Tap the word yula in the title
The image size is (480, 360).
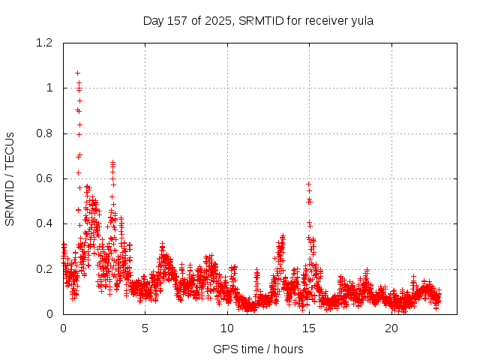coord(361,21)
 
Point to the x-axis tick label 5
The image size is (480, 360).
coord(145,328)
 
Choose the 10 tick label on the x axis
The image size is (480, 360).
coord(227,328)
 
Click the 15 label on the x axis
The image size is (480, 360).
coord(310,328)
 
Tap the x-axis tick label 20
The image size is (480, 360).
coord(391,328)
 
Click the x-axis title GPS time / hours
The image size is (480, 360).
coord(258,349)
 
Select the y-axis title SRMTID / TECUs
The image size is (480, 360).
coord(10,178)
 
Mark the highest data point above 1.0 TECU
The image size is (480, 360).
coord(77,73)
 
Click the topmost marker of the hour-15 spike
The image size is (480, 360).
coord(308,184)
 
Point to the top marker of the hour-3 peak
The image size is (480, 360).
coord(112,162)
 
